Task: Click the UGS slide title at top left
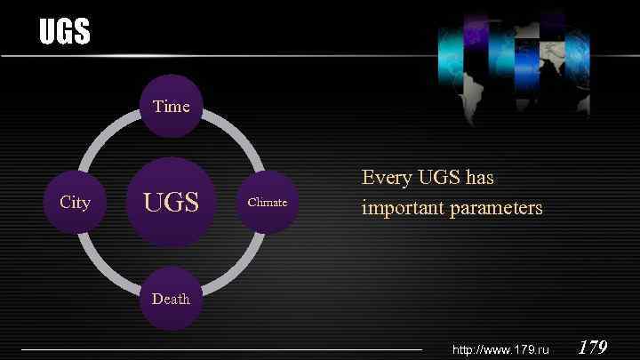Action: pos(64,33)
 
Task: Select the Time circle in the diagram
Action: pos(172,107)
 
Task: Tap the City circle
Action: pos(75,203)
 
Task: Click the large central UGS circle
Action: pos(172,203)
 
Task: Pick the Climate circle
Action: pos(267,203)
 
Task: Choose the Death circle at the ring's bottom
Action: pos(171,299)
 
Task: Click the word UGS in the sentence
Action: pos(436,178)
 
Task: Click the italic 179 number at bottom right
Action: pos(593,347)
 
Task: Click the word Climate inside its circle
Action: pos(267,203)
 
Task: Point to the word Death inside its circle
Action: pos(171,299)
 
